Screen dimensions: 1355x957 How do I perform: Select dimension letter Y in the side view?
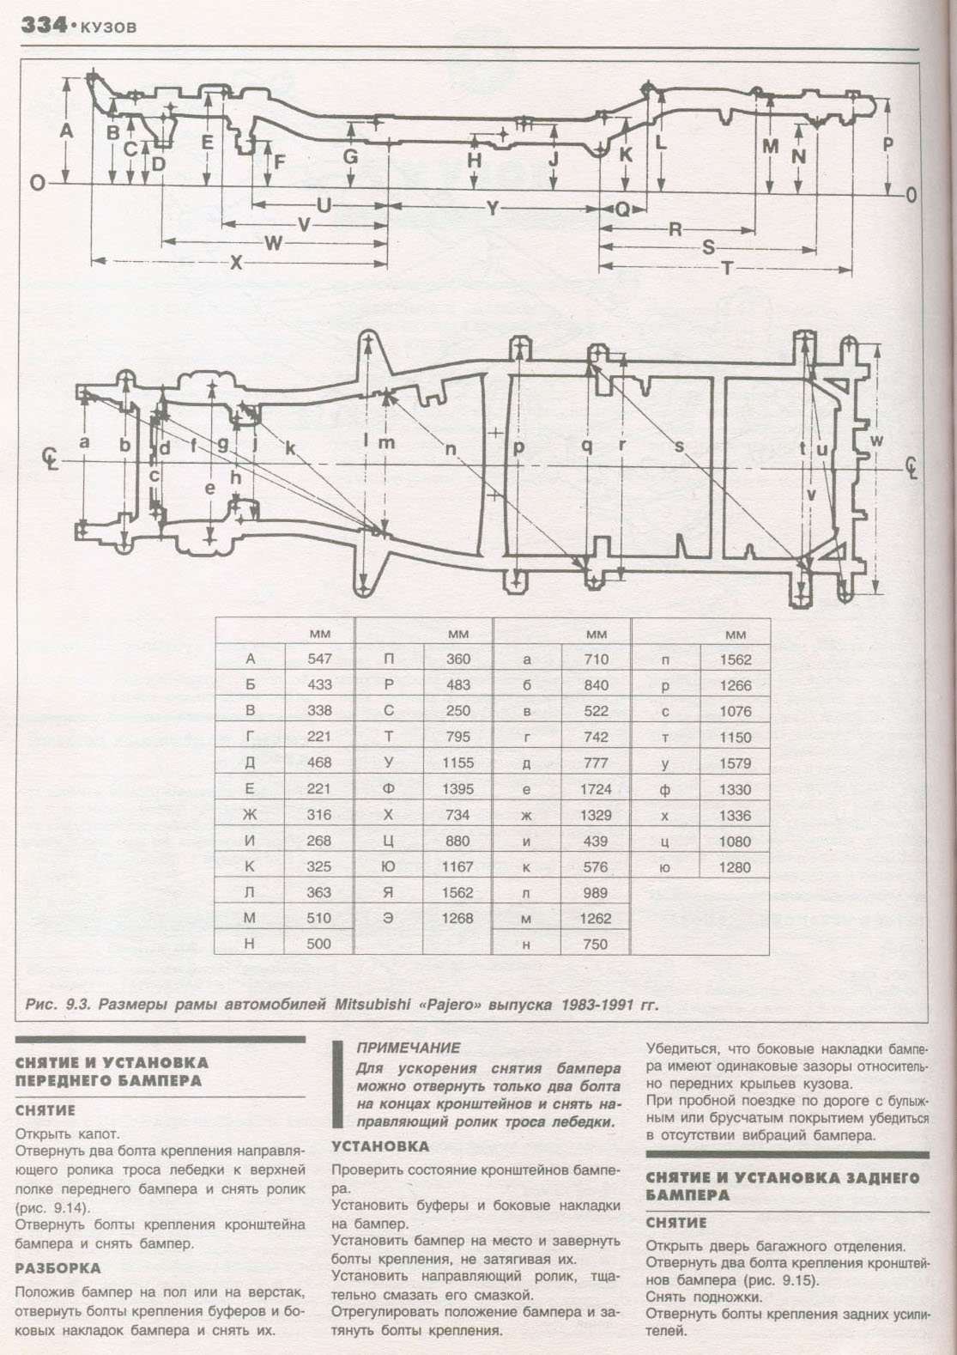[492, 208]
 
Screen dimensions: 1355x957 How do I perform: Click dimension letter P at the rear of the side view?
[888, 144]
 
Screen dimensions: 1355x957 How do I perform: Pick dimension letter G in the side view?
[350, 157]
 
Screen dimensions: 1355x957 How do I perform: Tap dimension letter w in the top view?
[876, 441]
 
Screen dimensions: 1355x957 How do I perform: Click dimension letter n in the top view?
[451, 448]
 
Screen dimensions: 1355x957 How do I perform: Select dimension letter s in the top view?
[679, 447]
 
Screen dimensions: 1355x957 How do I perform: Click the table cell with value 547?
[318, 659]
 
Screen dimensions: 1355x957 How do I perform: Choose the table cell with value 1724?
[596, 789]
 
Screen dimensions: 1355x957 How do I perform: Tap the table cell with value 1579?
[735, 763]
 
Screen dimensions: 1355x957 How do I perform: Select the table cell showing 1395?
[457, 789]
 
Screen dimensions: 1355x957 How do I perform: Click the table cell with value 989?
[596, 893]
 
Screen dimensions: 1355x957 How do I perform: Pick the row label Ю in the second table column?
[389, 867]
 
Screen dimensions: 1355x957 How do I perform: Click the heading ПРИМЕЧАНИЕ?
[408, 1048]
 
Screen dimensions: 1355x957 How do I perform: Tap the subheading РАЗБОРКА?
[58, 1267]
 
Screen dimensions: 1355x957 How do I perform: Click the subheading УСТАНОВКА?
[379, 1146]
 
